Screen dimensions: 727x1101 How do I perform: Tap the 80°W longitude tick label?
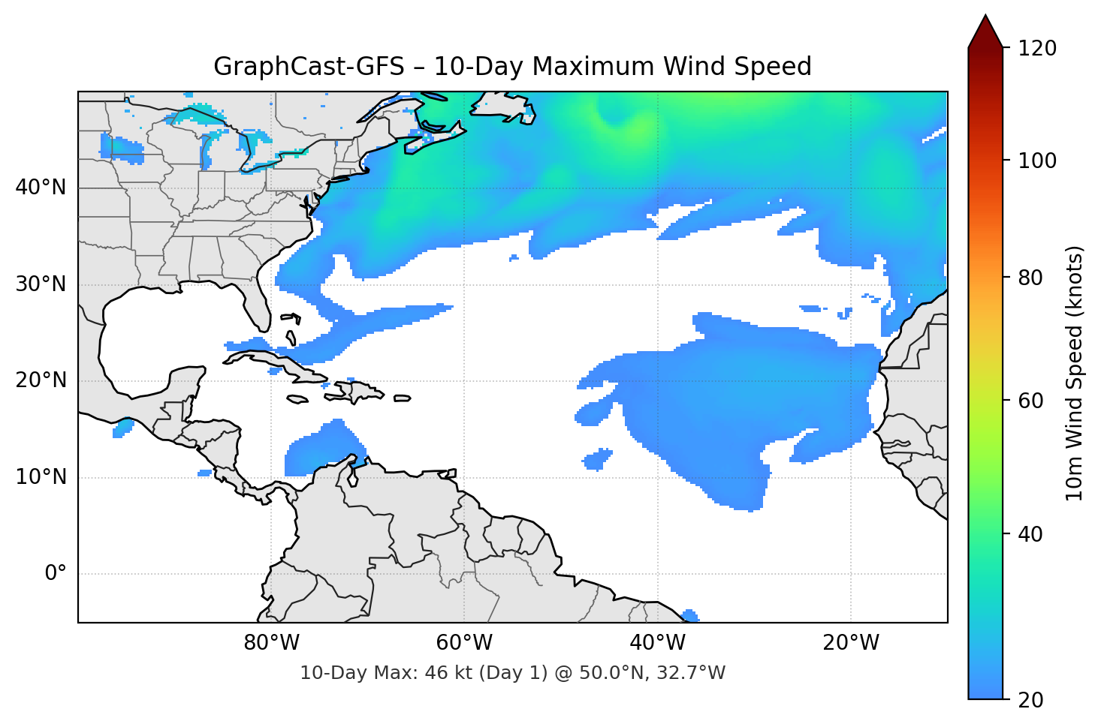pyautogui.click(x=271, y=643)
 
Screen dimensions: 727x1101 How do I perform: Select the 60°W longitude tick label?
pyautogui.click(x=464, y=643)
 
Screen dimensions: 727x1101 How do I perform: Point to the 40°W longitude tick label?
pyautogui.click(x=657, y=643)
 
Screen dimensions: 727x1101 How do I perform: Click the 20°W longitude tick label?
pyautogui.click(x=850, y=643)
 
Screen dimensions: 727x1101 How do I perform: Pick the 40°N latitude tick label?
pyautogui.click(x=41, y=188)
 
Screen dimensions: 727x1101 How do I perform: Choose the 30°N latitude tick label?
pyautogui.click(x=41, y=284)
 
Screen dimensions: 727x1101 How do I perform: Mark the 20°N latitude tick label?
pyautogui.click(x=41, y=380)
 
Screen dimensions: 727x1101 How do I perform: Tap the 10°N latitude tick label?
pyautogui.click(x=41, y=477)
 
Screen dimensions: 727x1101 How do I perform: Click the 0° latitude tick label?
pyautogui.click(x=56, y=574)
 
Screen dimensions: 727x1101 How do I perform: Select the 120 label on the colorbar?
pyautogui.click(x=1036, y=49)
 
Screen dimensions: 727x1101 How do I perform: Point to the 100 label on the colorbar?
pyautogui.click(x=1036, y=161)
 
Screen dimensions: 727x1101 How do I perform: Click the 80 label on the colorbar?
pyautogui.click(x=1030, y=278)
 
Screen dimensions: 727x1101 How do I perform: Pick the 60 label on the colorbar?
pyautogui.click(x=1030, y=401)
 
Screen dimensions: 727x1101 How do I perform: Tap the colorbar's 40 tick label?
pyautogui.click(x=1030, y=534)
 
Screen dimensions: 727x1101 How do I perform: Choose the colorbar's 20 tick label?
pyautogui.click(x=1030, y=700)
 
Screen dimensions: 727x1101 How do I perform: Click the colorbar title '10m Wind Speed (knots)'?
pyautogui.click(x=1075, y=374)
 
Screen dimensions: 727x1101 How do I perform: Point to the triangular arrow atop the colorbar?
pyautogui.click(x=985, y=32)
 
